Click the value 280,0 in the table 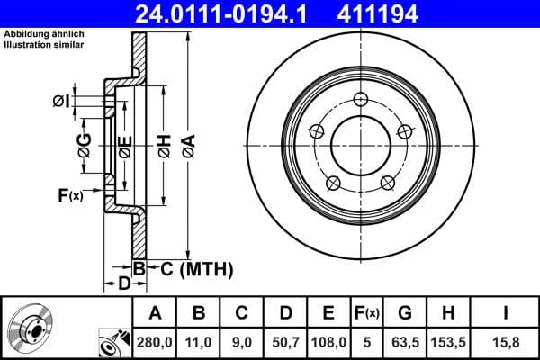pyautogui.click(x=155, y=342)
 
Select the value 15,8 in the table pyautogui.click(x=506, y=342)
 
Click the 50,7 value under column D pyautogui.click(x=286, y=342)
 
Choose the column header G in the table pyautogui.click(x=405, y=313)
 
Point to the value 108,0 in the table pyautogui.click(x=328, y=342)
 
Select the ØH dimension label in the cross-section pyautogui.click(x=165, y=147)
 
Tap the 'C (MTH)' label pyautogui.click(x=196, y=268)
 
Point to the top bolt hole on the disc pyautogui.click(x=360, y=99)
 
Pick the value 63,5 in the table pyautogui.click(x=405, y=342)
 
